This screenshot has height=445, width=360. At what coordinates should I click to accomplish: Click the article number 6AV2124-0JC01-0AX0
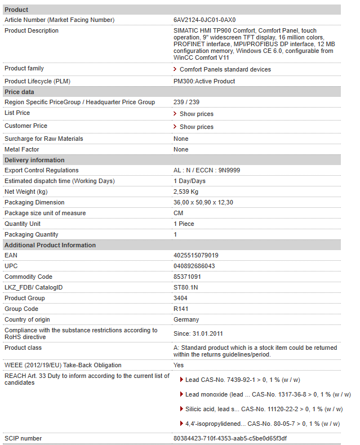click(x=205, y=20)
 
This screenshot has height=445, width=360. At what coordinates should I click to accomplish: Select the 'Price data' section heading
click(x=19, y=92)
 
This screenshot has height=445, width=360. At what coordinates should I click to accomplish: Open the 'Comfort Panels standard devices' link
click(x=225, y=70)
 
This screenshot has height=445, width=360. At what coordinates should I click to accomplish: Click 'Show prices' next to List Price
click(x=196, y=114)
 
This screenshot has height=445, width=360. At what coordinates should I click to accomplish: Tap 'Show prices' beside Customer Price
click(x=196, y=127)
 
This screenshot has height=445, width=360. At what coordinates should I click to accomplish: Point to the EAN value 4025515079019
click(x=196, y=256)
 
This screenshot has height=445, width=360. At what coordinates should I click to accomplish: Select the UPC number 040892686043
click(x=194, y=266)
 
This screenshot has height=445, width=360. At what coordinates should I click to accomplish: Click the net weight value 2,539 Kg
click(x=186, y=192)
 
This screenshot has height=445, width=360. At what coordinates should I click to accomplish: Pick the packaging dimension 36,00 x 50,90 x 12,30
click(x=203, y=203)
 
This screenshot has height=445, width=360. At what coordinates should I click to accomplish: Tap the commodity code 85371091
click(x=187, y=277)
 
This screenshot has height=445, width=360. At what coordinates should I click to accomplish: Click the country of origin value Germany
click(x=186, y=320)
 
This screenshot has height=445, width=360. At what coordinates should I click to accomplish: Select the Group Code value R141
click(x=181, y=309)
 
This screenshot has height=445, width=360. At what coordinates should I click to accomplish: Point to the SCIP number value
click(x=230, y=438)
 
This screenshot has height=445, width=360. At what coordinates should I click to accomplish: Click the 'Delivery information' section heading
click(x=34, y=160)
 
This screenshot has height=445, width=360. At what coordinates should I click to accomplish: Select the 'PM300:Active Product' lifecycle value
click(x=204, y=82)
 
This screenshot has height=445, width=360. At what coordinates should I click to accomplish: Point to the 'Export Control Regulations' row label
click(x=42, y=171)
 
